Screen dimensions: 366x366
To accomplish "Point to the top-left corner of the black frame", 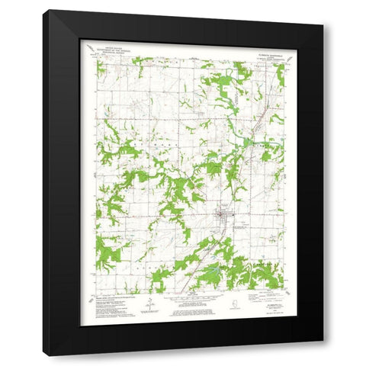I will [43, 11].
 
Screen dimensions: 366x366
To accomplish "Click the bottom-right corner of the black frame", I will [323, 355].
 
